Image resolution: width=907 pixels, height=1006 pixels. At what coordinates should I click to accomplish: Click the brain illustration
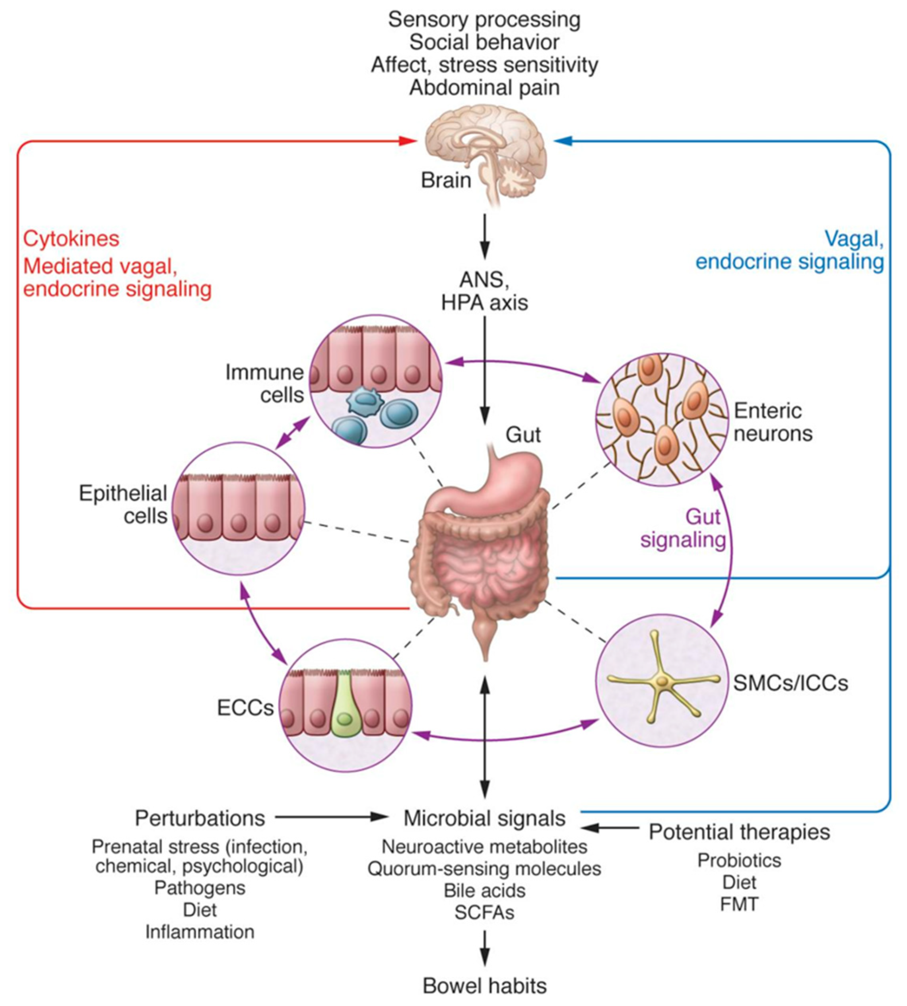pyautogui.click(x=486, y=150)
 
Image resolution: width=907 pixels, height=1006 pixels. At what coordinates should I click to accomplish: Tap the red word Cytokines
pyautogui.click(x=71, y=239)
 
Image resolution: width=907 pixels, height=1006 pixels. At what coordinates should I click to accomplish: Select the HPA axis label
pyautogui.click(x=484, y=303)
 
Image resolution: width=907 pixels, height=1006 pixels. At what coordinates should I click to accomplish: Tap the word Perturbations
pyautogui.click(x=200, y=818)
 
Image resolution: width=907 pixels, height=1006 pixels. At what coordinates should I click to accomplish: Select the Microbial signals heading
pyautogui.click(x=484, y=818)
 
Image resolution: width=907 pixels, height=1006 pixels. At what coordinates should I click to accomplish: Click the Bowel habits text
pyautogui.click(x=484, y=986)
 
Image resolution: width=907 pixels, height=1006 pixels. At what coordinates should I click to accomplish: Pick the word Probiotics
pyautogui.click(x=739, y=860)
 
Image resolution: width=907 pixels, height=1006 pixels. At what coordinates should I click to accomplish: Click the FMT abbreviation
pyautogui.click(x=739, y=904)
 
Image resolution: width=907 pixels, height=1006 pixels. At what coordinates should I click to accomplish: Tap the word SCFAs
pyautogui.click(x=484, y=912)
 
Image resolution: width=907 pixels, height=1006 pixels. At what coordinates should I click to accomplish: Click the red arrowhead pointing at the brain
pyautogui.click(x=408, y=141)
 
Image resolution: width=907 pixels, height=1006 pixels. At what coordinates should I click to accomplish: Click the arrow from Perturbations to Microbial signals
pyautogui.click(x=329, y=817)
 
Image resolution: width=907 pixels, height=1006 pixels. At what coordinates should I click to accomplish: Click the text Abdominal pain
pyautogui.click(x=484, y=88)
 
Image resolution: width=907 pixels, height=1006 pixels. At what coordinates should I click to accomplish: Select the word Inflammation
pyautogui.click(x=200, y=932)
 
